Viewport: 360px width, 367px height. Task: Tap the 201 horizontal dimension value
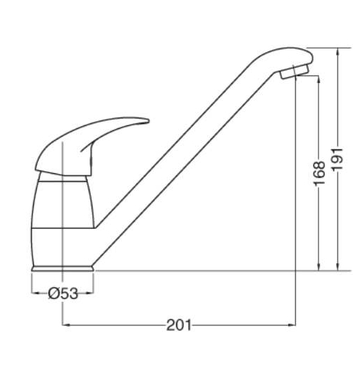[x=179, y=325]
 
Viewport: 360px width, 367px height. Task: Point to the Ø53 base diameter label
[x=63, y=294]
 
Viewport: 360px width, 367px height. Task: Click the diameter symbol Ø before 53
[x=54, y=294]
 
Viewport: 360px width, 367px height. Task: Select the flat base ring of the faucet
[x=63, y=268]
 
